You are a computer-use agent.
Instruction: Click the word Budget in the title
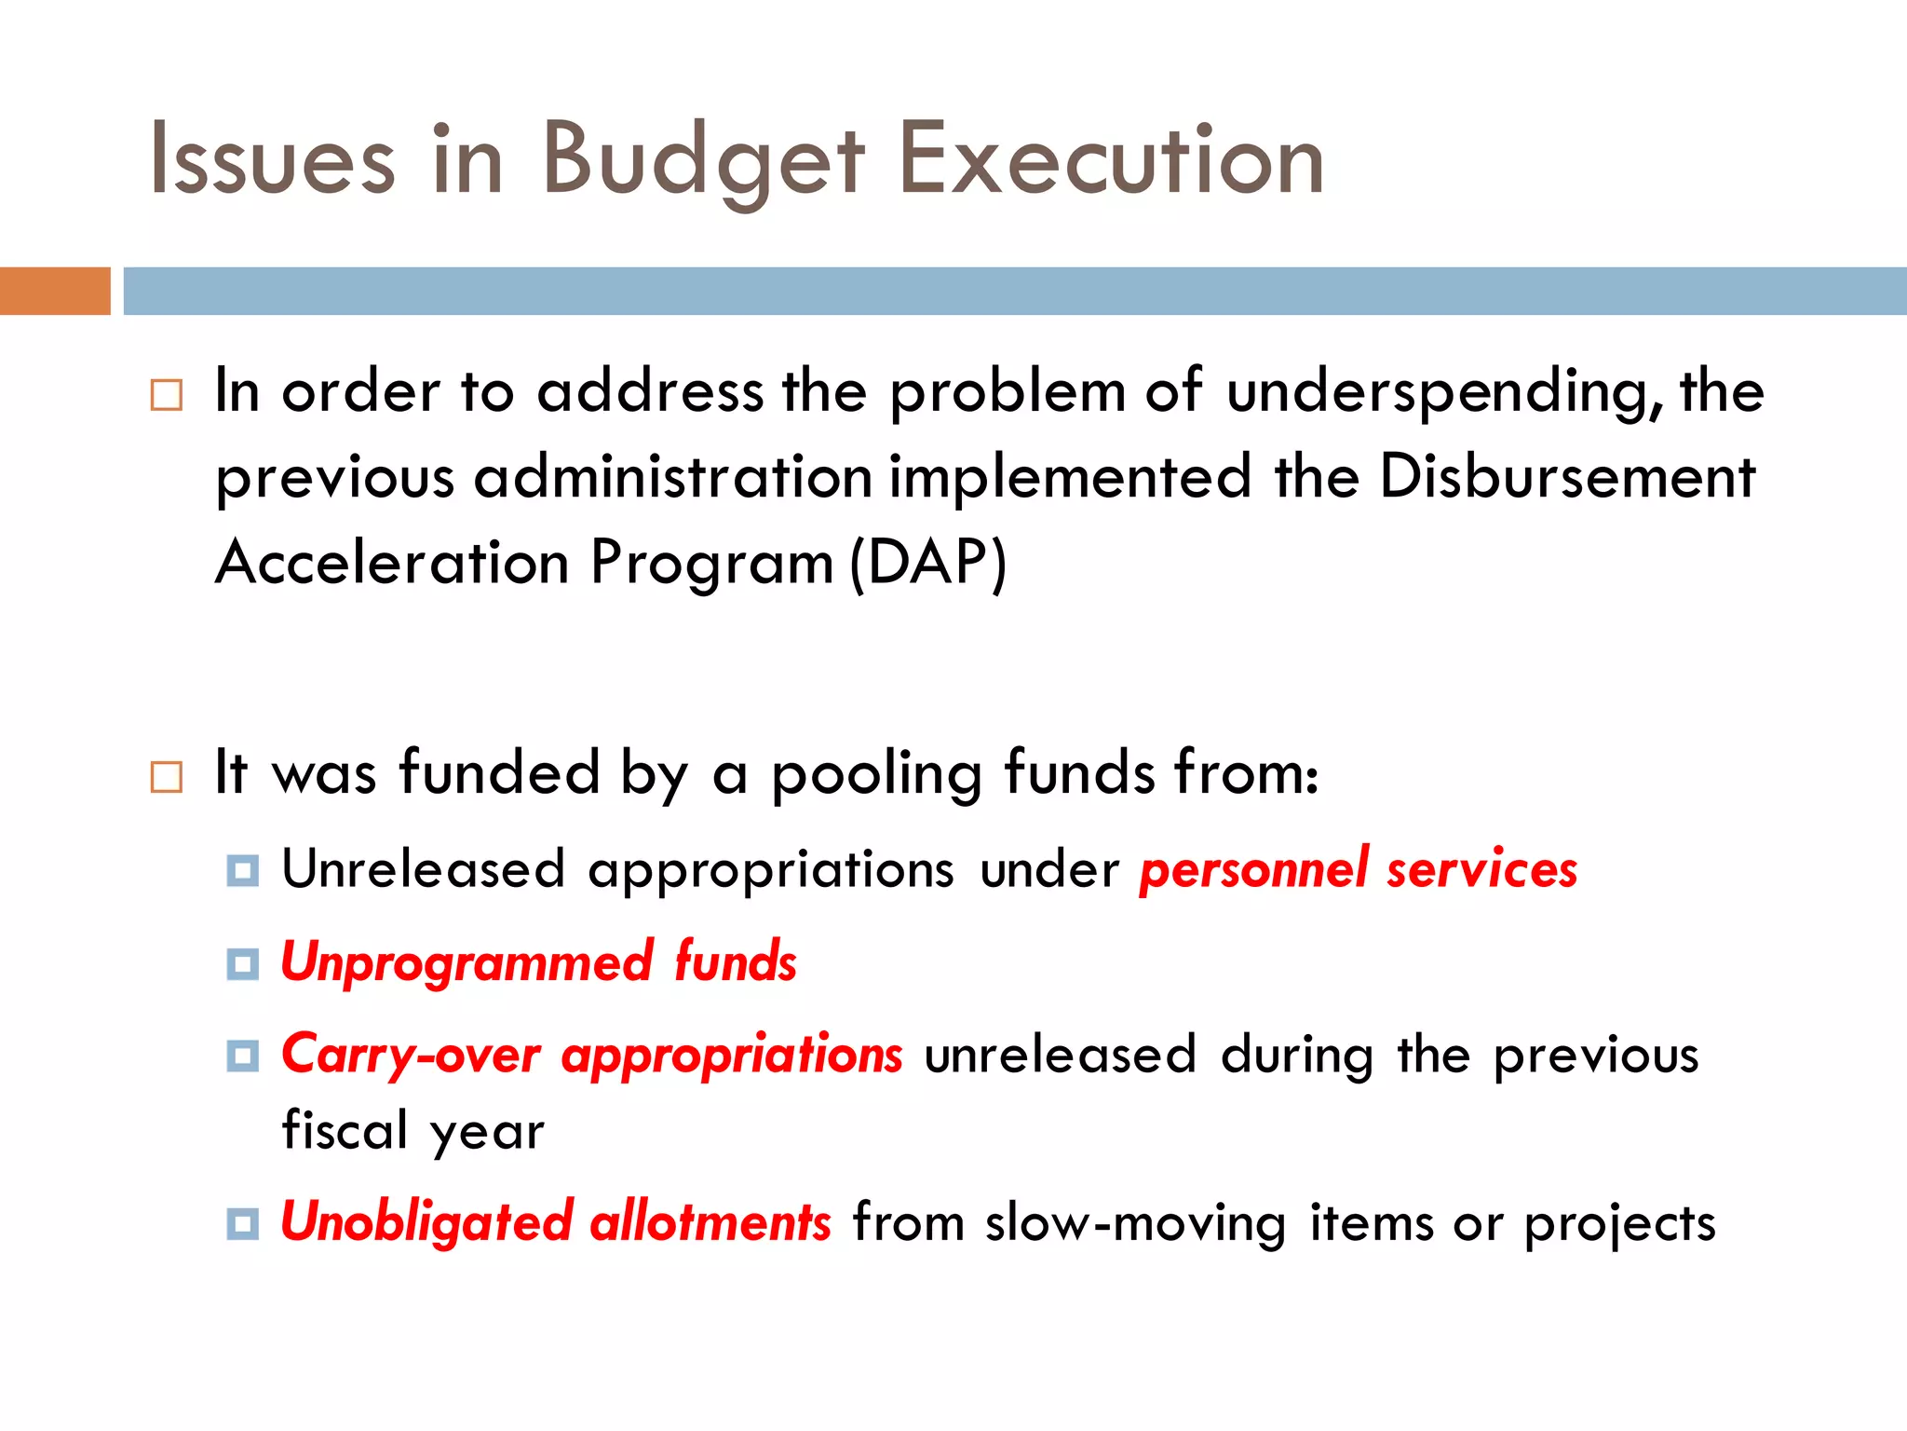point(703,160)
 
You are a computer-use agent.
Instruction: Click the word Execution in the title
point(1110,160)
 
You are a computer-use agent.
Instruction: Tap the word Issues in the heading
point(272,160)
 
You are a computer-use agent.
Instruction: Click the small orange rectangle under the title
point(55,291)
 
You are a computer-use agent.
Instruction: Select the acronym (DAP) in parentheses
point(928,563)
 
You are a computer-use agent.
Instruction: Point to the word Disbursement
point(1566,477)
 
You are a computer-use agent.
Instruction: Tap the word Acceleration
point(392,563)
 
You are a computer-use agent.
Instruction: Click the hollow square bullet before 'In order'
point(167,395)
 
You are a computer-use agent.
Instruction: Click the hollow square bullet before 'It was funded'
point(167,776)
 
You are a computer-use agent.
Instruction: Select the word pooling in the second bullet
point(876,773)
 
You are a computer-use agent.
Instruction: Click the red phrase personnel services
point(1358,869)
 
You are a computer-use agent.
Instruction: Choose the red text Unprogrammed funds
point(538,962)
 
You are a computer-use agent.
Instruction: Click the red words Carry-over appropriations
point(591,1056)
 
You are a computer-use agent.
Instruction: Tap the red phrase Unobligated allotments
point(555,1222)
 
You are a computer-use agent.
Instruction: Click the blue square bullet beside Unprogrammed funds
point(243,964)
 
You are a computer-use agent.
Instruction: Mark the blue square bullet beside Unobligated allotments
point(243,1224)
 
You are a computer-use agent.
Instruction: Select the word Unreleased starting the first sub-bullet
point(424,869)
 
